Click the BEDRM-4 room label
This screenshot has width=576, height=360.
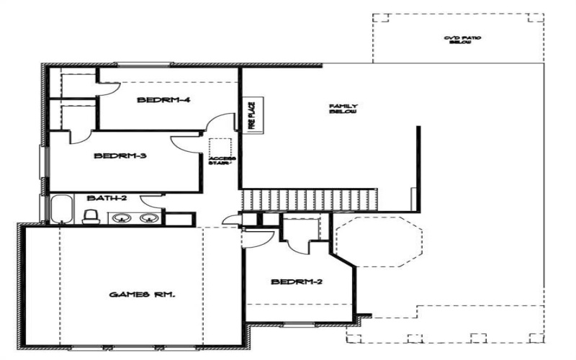[x=163, y=100]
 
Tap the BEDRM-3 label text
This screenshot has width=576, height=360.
[x=120, y=155]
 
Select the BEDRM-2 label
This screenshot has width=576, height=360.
[x=296, y=282]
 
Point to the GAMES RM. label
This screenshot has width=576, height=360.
[x=143, y=294]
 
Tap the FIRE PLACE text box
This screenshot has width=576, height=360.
[x=252, y=114]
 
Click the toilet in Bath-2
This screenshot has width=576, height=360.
[x=91, y=216]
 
